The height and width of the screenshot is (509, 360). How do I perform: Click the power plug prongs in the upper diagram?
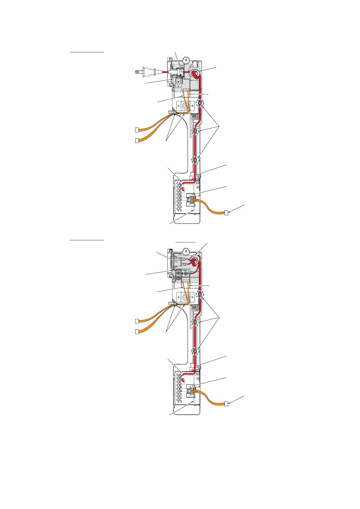tap(138, 72)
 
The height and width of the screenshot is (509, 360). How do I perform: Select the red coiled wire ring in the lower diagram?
tap(193, 262)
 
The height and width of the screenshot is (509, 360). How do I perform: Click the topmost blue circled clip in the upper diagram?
tap(200, 103)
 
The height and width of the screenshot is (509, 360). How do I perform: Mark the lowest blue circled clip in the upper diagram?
tap(196, 159)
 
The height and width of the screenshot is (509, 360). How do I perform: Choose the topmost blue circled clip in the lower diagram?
tap(200, 293)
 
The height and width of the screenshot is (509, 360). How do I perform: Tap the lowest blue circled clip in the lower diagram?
tap(196, 351)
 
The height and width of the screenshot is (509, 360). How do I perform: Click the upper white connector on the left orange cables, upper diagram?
tap(137, 130)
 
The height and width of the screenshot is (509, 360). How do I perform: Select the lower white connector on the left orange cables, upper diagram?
tap(137, 140)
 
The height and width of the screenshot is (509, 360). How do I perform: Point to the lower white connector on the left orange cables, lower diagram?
tap(137, 332)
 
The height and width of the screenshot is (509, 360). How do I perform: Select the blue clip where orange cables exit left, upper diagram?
tap(175, 113)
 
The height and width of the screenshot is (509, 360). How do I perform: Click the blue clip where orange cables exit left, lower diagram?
tap(175, 304)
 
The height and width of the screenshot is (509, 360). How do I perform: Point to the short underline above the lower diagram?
tap(185, 242)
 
